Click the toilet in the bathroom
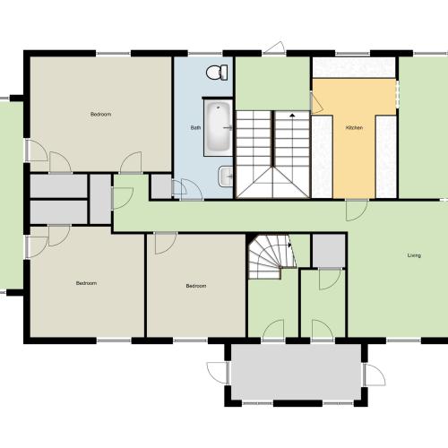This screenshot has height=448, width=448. (217, 73)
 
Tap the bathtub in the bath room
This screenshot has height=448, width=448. (219, 127)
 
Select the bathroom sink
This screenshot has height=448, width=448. (226, 177)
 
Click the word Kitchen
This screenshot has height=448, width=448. (354, 128)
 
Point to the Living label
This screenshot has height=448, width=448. (414, 255)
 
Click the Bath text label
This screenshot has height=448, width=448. (195, 128)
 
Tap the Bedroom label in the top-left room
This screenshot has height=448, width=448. (101, 114)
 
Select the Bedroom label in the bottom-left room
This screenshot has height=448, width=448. (86, 283)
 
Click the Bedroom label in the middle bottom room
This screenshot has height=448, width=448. (196, 286)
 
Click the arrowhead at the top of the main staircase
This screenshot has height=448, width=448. (292, 115)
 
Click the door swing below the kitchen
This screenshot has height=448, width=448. (357, 211)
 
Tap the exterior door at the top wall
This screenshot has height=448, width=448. (274, 47)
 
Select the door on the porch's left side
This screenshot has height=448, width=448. (219, 373)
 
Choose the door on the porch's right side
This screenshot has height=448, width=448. (375, 375)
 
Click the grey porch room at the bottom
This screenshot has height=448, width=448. (297, 372)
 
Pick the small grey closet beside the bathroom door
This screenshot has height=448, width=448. (161, 186)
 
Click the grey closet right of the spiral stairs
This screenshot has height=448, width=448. (329, 251)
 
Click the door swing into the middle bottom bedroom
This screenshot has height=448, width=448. (166, 243)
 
